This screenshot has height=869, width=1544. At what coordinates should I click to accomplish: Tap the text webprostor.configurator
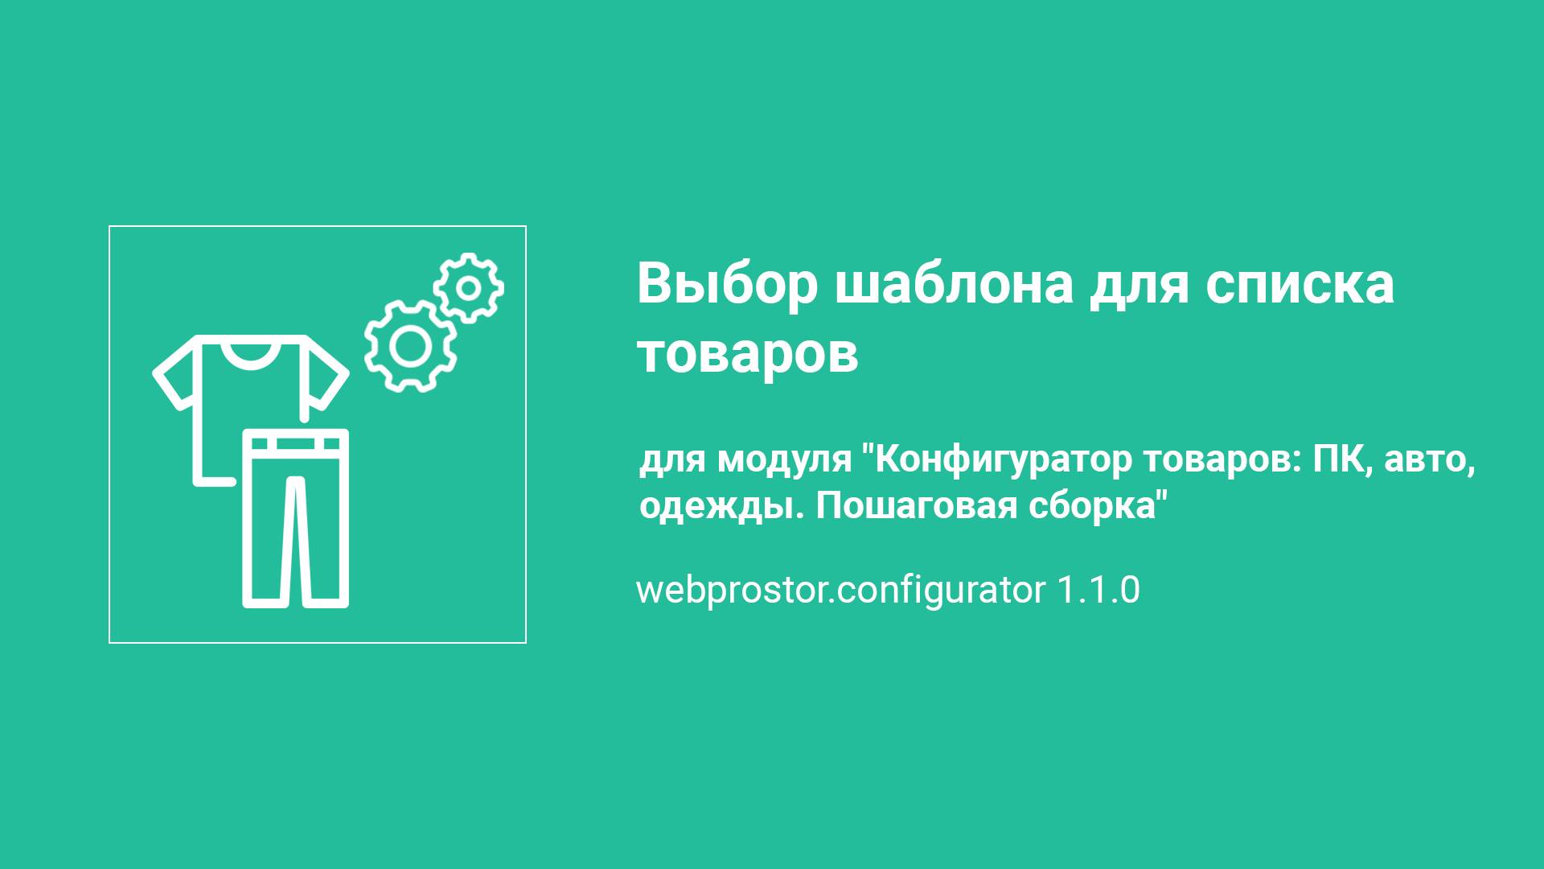(840, 590)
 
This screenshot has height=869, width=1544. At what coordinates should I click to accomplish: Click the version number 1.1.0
(1098, 590)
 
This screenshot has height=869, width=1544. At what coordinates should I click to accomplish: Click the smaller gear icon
(469, 287)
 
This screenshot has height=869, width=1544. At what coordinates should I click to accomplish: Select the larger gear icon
(410, 346)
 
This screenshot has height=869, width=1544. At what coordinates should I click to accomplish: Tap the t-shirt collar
(249, 352)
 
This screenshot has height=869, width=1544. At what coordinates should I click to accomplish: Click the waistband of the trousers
(296, 443)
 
